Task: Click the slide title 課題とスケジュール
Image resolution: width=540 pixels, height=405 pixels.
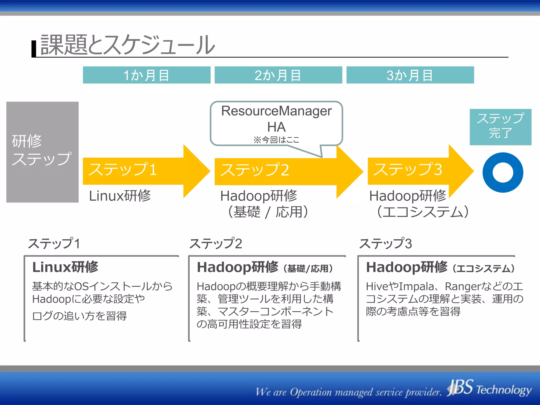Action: [128, 45]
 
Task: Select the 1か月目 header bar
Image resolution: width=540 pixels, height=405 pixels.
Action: [147, 75]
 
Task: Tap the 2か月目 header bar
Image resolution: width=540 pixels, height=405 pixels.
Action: [278, 75]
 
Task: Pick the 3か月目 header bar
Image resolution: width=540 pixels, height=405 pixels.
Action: [410, 75]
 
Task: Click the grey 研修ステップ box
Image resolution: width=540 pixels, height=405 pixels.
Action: [42, 152]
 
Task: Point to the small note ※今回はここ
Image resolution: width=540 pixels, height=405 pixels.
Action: [276, 140]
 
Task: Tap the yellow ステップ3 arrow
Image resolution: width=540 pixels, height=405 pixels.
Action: [411, 170]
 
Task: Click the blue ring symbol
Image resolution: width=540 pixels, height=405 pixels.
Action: [503, 172]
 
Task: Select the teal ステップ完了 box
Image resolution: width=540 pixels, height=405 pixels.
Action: [500, 127]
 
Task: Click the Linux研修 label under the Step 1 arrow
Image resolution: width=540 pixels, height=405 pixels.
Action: [120, 196]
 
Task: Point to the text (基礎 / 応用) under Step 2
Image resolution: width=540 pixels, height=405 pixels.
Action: [268, 212]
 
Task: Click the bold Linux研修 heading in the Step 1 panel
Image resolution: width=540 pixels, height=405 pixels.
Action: [65, 267]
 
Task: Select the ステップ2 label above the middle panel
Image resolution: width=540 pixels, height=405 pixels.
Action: [215, 243]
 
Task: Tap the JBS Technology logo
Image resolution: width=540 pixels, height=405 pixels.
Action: [489, 389]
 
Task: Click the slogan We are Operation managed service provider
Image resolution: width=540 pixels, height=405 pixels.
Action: [348, 392]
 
